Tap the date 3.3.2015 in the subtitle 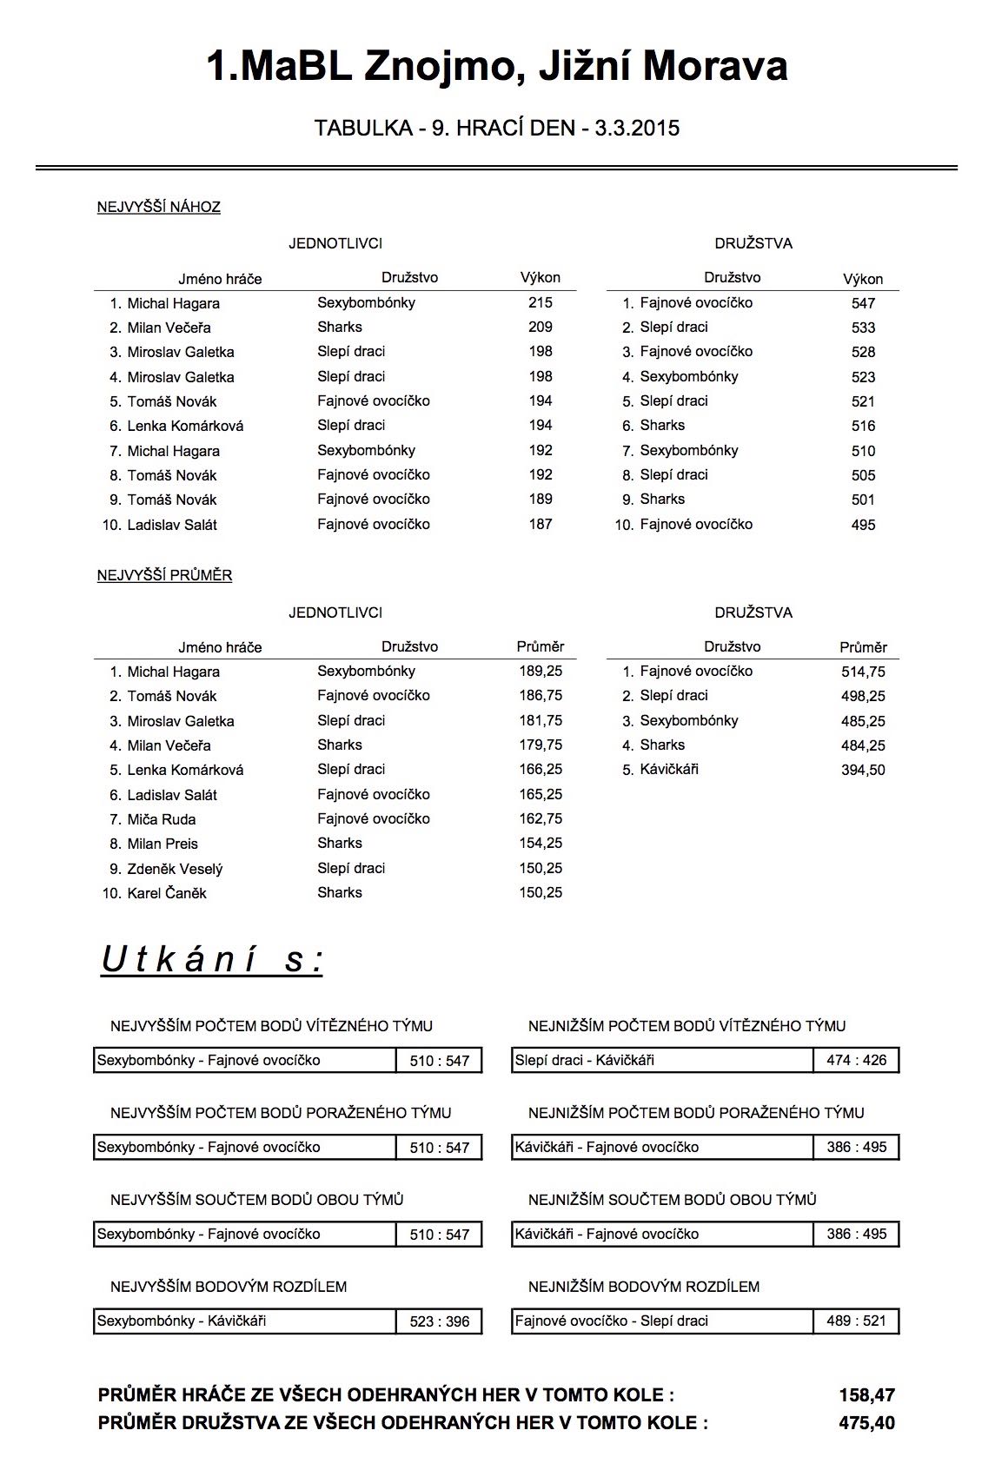(637, 129)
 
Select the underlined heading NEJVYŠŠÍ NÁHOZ (158, 207)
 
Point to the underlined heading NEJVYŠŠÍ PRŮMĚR (164, 575)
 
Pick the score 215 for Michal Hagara (540, 302)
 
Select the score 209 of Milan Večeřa (540, 327)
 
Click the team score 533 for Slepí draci (863, 328)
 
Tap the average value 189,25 (541, 671)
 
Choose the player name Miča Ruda (161, 819)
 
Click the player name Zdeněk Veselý (175, 869)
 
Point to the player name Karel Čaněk (167, 893)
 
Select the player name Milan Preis (163, 844)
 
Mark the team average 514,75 (863, 672)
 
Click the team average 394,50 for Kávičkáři (863, 770)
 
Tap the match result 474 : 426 (856, 1060)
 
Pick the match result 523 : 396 (439, 1321)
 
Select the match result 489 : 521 (856, 1321)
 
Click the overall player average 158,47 (866, 1395)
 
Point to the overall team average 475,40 (866, 1423)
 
